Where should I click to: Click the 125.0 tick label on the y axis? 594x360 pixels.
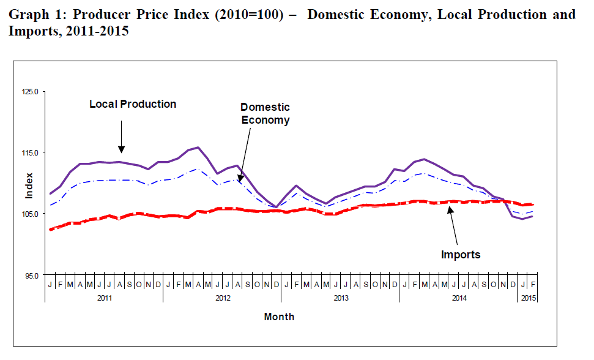31,91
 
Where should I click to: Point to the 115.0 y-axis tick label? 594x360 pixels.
31,152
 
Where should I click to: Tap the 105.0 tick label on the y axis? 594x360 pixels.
31,214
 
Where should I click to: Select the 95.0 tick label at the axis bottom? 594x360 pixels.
32,275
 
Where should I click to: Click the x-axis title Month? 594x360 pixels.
279,317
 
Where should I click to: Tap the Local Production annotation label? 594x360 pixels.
133,104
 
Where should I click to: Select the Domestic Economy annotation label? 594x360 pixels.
265,113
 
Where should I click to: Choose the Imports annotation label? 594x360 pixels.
461,255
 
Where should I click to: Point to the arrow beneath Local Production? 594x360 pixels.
122,136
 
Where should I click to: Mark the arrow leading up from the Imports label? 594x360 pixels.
454,227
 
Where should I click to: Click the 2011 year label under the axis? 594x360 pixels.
104,298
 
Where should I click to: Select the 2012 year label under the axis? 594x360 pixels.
223,298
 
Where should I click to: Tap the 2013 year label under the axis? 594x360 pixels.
341,298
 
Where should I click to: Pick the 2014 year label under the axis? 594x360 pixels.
459,298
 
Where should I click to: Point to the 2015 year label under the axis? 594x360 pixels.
527,298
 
